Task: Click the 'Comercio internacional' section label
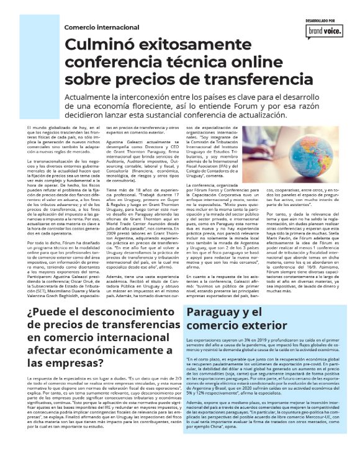[x=102, y=27]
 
